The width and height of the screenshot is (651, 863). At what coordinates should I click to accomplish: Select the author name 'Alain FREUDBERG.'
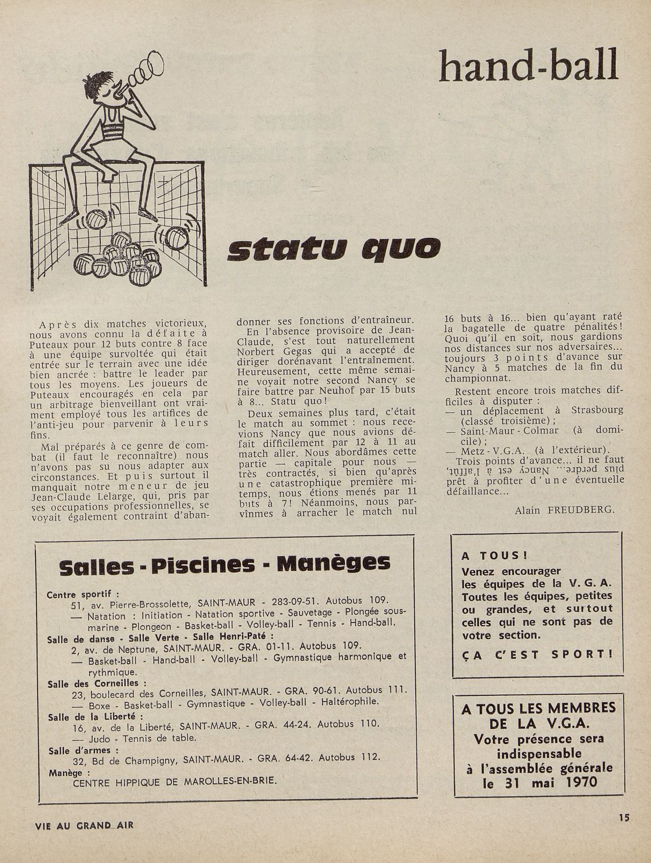[x=564, y=511]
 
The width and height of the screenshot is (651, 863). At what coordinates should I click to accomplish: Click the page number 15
[x=623, y=817]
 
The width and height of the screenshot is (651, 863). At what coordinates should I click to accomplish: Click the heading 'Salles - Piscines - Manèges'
[x=225, y=565]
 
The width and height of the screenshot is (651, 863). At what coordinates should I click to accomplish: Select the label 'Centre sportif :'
[x=83, y=595]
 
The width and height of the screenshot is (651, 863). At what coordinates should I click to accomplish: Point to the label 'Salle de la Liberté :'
[x=95, y=717]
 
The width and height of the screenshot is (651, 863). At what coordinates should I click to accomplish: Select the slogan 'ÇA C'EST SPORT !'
[x=536, y=654]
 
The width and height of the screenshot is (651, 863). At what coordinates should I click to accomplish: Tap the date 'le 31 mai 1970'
[x=535, y=782]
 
